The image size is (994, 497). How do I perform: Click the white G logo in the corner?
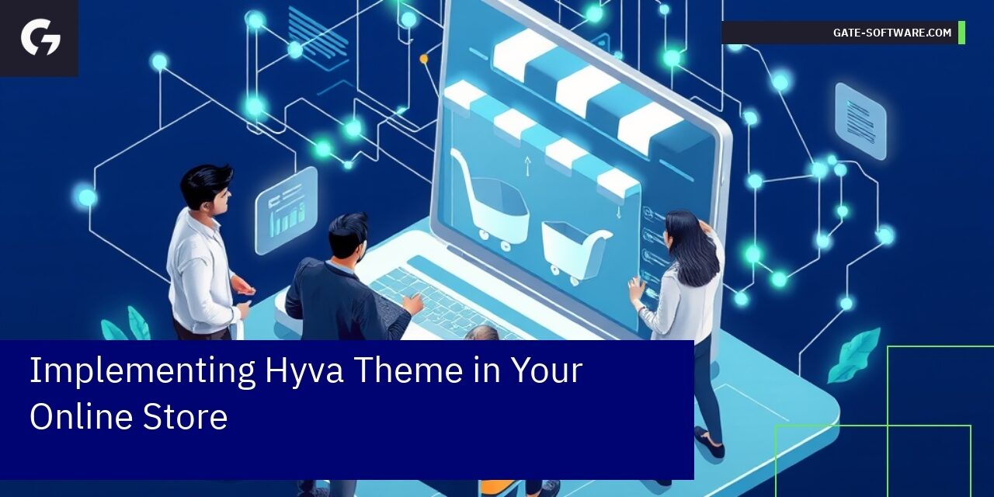click(x=40, y=38)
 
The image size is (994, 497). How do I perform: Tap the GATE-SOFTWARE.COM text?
click(x=891, y=33)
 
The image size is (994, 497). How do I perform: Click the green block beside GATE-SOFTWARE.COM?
click(x=961, y=33)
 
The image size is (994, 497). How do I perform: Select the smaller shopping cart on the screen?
click(x=575, y=249)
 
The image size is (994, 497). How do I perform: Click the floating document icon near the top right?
click(x=860, y=121)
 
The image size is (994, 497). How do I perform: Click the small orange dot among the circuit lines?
click(x=423, y=58)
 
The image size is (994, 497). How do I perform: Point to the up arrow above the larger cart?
click(x=527, y=165)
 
